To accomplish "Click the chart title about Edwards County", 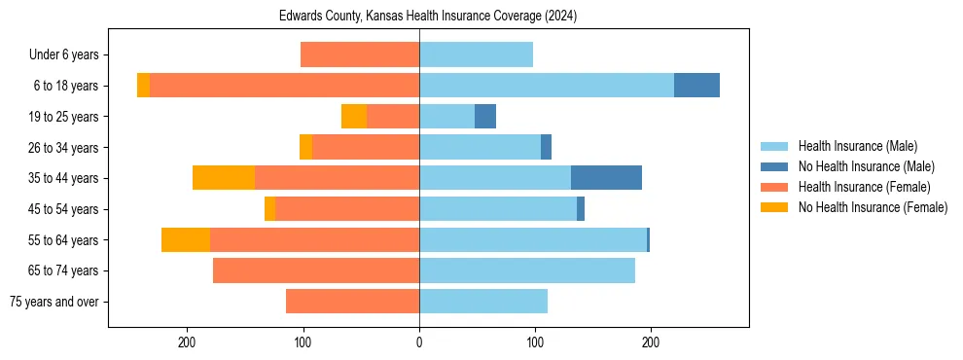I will pyautogui.click(x=428, y=17).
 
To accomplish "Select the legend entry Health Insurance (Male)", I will pyautogui.click(x=857, y=146).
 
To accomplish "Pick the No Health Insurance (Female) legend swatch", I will pyautogui.click(x=775, y=207).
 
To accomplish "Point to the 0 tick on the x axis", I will pyautogui.click(x=419, y=342).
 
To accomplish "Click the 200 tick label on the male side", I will pyautogui.click(x=651, y=342).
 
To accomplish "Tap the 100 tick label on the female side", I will pyautogui.click(x=303, y=342).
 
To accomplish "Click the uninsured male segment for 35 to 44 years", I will pyautogui.click(x=606, y=178).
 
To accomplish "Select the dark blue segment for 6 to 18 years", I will pyautogui.click(x=696, y=86).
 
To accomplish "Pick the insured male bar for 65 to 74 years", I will pyautogui.click(x=527, y=270).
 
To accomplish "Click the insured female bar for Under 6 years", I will pyautogui.click(x=360, y=55).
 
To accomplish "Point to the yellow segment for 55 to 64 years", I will pyautogui.click(x=186, y=239).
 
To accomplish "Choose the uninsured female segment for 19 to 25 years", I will pyautogui.click(x=354, y=117).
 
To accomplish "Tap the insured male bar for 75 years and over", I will pyautogui.click(x=483, y=302).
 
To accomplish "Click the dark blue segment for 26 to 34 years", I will pyautogui.click(x=546, y=147).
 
